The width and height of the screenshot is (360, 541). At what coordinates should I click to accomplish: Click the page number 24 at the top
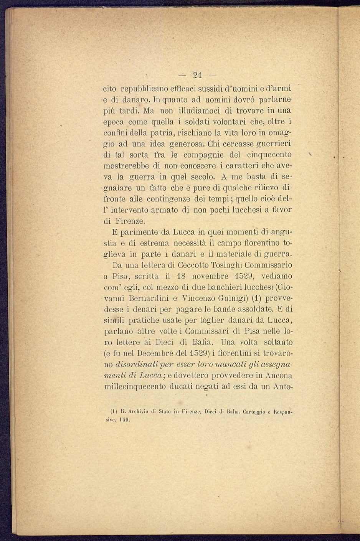pyautogui.click(x=198, y=75)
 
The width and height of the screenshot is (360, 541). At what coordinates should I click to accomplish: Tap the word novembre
pyautogui.click(x=210, y=276)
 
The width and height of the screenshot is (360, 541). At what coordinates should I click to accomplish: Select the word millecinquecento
pyautogui.click(x=134, y=386)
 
